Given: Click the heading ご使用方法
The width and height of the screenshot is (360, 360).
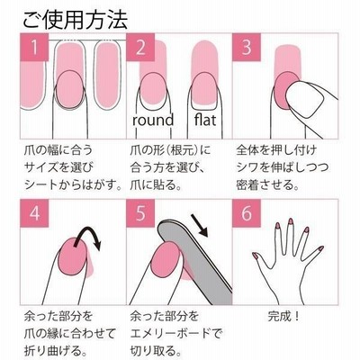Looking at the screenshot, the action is coord(76,20).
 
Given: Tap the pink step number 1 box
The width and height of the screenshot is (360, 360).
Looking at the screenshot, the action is coord(34,47).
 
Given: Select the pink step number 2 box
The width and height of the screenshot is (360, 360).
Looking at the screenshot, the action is coord(140,47).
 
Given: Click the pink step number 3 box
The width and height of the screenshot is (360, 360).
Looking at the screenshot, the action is coord(247,47).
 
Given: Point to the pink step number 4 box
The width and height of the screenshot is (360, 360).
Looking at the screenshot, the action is coord(34,213).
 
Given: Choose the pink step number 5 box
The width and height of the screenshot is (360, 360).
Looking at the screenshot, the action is coord(140,213).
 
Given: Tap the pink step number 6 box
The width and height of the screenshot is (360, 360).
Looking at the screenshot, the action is coord(247,213).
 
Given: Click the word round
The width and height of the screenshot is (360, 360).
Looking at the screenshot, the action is coord(153,120).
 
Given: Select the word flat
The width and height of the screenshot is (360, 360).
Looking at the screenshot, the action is coord(205,120).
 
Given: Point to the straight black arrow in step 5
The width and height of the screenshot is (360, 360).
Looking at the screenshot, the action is coord(199,226).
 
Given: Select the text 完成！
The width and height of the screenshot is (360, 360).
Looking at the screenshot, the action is coord(283,316).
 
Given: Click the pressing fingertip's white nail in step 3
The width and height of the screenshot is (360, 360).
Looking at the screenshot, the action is coord(304,100).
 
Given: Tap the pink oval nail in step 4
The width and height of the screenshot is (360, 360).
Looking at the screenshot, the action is coord(73,256).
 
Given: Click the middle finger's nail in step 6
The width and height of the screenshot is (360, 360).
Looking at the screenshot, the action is coord(291,221).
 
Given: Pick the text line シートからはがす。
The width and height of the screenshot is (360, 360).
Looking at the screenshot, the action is coord(73,184).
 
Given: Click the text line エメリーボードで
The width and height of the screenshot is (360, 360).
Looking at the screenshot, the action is coord(175,333).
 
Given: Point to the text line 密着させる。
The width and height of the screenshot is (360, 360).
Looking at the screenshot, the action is coord(267,184).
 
